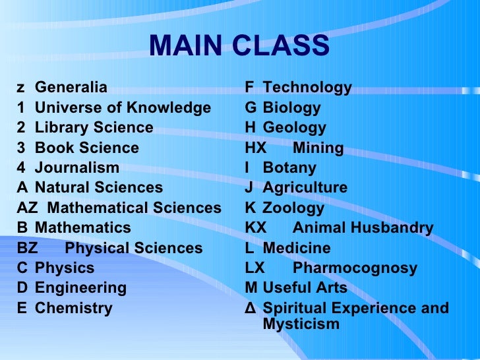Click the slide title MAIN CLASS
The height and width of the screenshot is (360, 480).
pyautogui.click(x=239, y=46)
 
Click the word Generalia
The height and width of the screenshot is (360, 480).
pyautogui.click(x=71, y=88)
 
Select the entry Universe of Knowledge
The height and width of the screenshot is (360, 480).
pyautogui.click(x=123, y=107)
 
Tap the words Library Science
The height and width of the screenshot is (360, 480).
pyautogui.click(x=94, y=127)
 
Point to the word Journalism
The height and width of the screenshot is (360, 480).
pyautogui.click(x=77, y=167)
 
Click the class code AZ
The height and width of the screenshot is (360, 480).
pyautogui.click(x=27, y=208)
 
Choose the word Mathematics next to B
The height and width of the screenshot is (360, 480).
pyautogui.click(x=82, y=227)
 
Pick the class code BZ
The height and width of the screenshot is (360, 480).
pyautogui.click(x=27, y=248)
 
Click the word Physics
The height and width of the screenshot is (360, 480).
pyautogui.click(x=65, y=268)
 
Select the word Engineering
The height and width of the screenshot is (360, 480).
pyautogui.click(x=80, y=288)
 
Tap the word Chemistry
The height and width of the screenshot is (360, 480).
pyautogui.click(x=74, y=308)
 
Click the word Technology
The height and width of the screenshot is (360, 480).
pyautogui.click(x=307, y=88)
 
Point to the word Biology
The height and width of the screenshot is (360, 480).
pyautogui.click(x=291, y=107)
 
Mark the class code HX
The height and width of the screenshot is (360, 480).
pyautogui.click(x=255, y=148)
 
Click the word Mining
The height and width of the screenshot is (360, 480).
pyautogui.click(x=318, y=148)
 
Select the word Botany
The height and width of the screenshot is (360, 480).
pyautogui.click(x=289, y=167)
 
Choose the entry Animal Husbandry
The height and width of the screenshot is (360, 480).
pyautogui.click(x=363, y=228)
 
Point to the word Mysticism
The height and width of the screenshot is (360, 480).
pyautogui.click(x=301, y=324)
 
